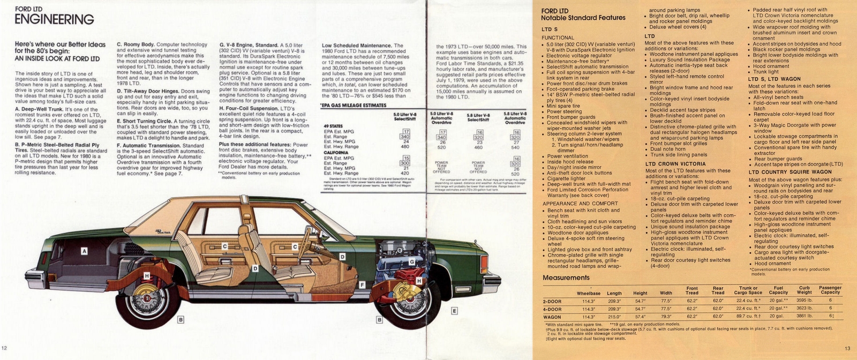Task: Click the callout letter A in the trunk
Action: (84, 251)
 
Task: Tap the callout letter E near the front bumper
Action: (454, 311)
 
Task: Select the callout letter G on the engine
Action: (411, 261)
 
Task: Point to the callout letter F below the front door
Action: (363, 284)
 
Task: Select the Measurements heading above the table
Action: (566, 277)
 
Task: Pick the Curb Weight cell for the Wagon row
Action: (804, 316)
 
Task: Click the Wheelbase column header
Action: (588, 293)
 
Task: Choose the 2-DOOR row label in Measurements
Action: (552, 301)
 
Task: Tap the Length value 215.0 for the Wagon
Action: (614, 316)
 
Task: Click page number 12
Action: (5, 349)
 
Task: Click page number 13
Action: (847, 349)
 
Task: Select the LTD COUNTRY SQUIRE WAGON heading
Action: (790, 172)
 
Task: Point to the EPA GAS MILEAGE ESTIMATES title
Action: (353, 106)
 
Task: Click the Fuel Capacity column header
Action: (778, 290)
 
